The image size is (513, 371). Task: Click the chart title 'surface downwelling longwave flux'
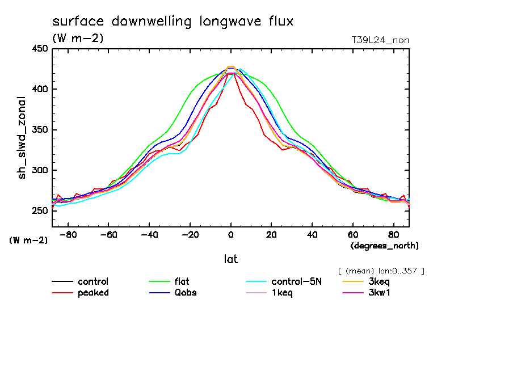(173, 22)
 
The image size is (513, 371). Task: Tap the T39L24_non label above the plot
(380, 40)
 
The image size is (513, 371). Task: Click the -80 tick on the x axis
(68, 234)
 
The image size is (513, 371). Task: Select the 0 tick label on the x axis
(230, 234)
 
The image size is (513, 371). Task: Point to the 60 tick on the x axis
(352, 234)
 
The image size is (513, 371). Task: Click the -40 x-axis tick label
(149, 234)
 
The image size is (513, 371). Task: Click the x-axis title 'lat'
(230, 259)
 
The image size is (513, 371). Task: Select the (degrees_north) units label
(385, 246)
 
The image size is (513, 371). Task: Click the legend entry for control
(92, 281)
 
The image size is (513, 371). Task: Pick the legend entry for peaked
(93, 293)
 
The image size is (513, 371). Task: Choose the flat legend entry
(182, 281)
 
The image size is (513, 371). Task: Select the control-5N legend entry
(296, 281)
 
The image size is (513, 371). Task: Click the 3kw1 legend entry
(380, 293)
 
